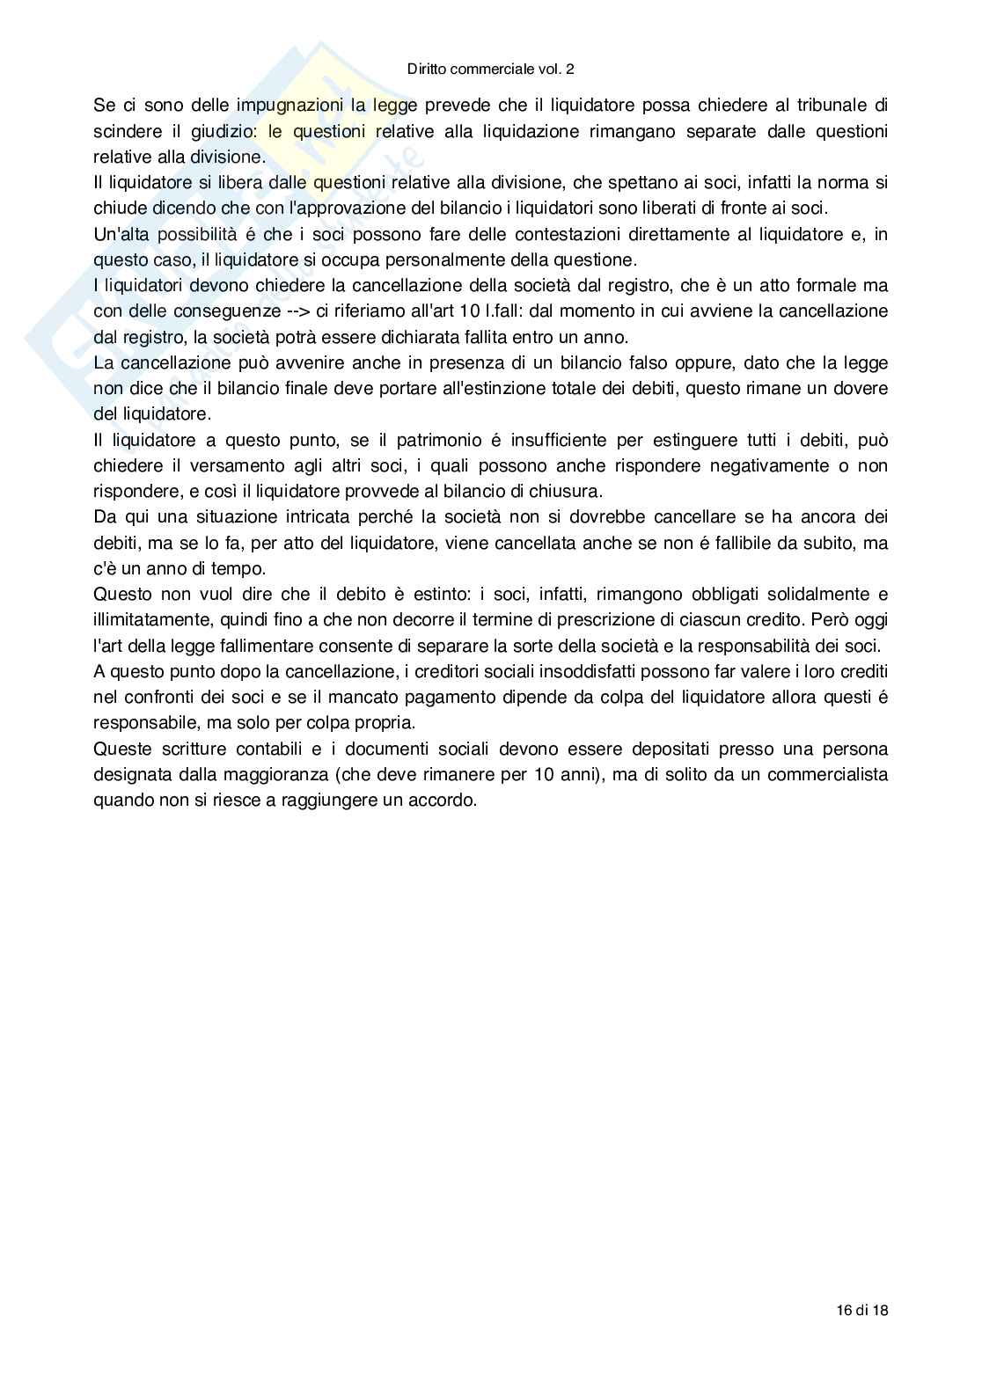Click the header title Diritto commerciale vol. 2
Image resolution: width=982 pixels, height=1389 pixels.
click(x=491, y=69)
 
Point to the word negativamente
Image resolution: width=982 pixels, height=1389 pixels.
click(x=728, y=465)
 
